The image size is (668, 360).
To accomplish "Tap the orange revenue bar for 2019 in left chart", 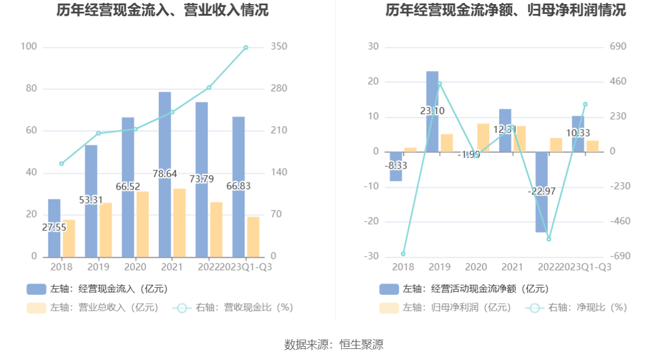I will coord(105,230).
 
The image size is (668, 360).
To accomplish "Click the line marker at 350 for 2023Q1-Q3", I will coord(246,48).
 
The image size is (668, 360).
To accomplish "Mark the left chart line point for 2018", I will coord(62,163).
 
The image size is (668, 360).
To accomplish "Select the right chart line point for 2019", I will coord(439,84).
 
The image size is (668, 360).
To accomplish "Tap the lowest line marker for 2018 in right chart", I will coord(403,254).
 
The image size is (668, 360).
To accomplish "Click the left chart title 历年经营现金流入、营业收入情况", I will coord(162,10).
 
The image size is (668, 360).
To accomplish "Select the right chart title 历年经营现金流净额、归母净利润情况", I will coord(506,10).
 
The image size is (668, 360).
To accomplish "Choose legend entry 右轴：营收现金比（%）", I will coord(233,308).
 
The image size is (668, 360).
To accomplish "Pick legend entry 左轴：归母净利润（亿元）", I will coord(445,308).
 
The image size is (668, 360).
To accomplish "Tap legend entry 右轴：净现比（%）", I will coord(577,308).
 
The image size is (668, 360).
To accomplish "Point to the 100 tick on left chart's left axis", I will coord(29,47).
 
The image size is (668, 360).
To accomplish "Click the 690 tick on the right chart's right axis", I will coord(617,47).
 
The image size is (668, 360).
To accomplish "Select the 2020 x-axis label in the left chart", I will coord(135,267).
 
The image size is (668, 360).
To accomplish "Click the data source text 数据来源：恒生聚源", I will coord(334,344).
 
